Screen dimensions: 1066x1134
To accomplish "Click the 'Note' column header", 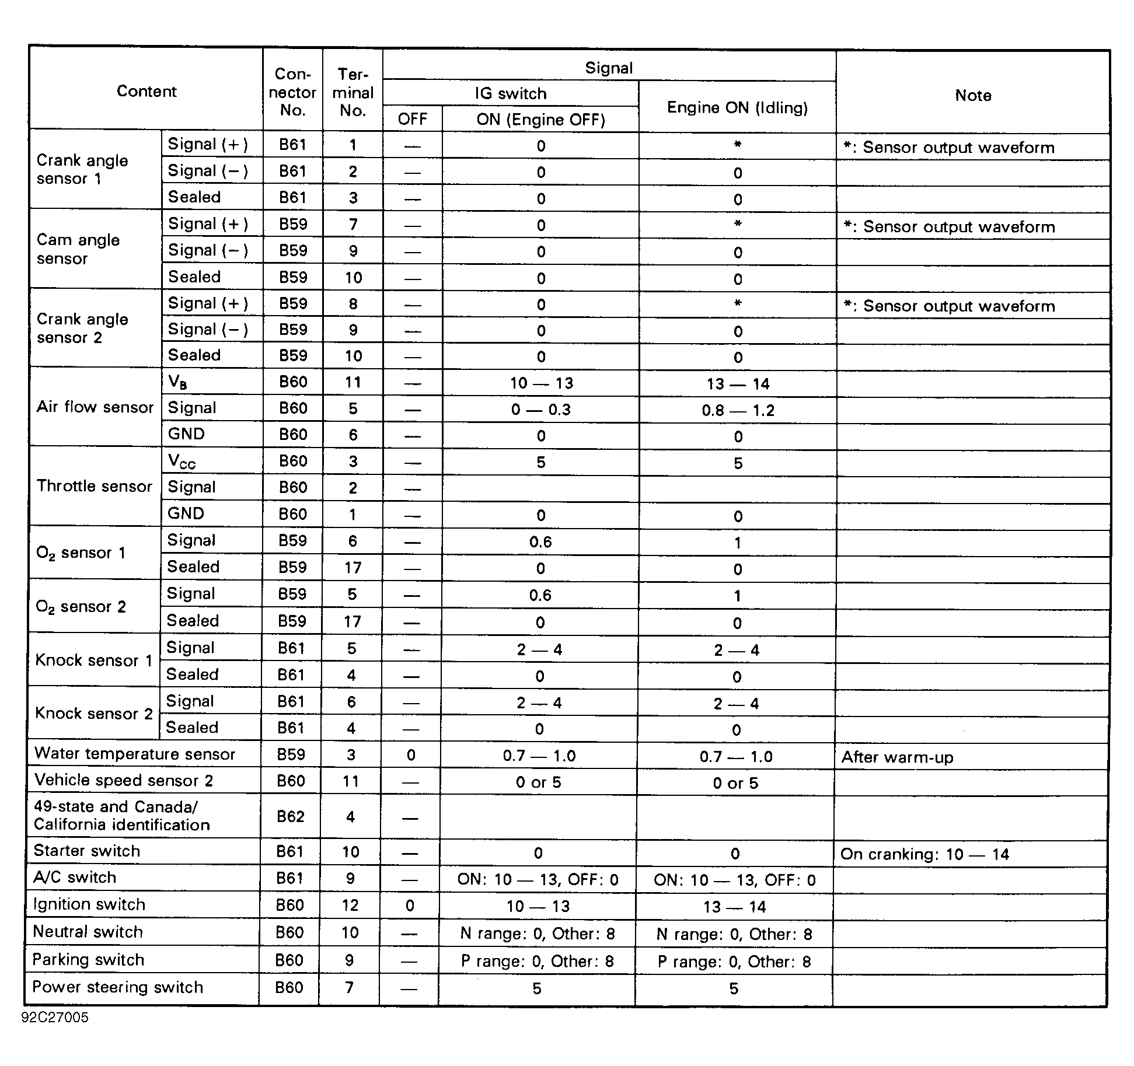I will pyautogui.click(x=972, y=95).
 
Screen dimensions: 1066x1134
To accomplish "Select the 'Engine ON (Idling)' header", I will pyautogui.click(x=737, y=107).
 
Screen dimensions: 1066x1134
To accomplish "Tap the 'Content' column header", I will pyautogui.click(x=146, y=91).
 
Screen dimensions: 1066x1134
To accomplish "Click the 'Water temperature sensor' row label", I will pyautogui.click(x=135, y=754).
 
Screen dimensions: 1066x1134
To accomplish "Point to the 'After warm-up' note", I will pyautogui.click(x=897, y=757).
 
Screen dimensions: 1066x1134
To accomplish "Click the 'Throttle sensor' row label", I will pyautogui.click(x=95, y=486).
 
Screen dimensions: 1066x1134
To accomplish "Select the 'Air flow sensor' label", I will pyautogui.click(x=95, y=407).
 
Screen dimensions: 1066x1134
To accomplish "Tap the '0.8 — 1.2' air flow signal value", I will pyautogui.click(x=738, y=410).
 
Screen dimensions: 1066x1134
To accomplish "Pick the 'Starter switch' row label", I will pyautogui.click(x=87, y=851).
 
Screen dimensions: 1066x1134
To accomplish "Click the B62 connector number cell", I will pyautogui.click(x=291, y=816).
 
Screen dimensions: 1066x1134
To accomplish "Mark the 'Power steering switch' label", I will pyautogui.click(x=118, y=987).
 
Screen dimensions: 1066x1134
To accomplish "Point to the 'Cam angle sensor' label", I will pyautogui.click(x=78, y=249).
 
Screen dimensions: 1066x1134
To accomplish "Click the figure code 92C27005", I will pyautogui.click(x=55, y=1018).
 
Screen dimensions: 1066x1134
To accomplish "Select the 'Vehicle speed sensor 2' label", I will pyautogui.click(x=124, y=781).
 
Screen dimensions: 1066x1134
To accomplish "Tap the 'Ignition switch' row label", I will pyautogui.click(x=89, y=904).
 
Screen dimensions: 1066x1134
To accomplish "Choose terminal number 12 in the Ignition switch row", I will pyautogui.click(x=350, y=905).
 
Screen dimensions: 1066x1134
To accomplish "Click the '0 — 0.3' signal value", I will pyautogui.click(x=540, y=410).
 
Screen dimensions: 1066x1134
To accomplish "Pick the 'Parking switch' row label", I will pyautogui.click(x=88, y=960).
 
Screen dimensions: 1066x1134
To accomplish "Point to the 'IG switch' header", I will pyautogui.click(x=511, y=93).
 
